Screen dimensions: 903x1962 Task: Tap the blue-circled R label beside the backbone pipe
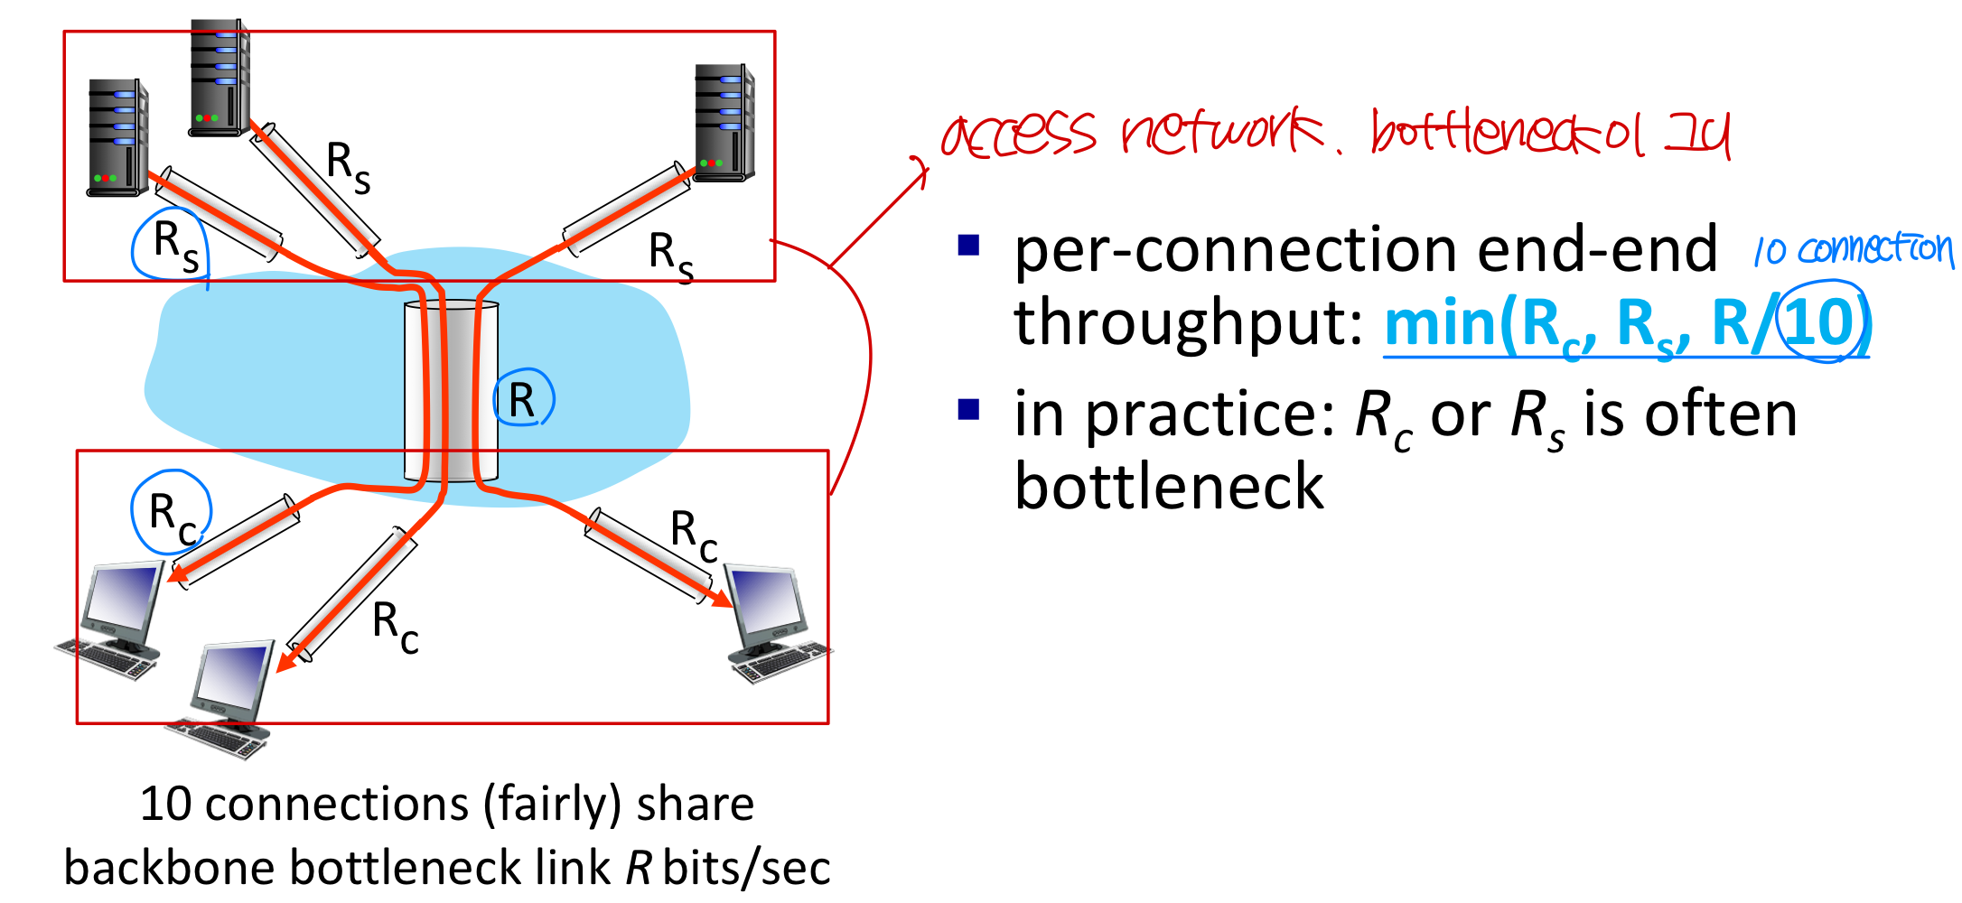coord(522,400)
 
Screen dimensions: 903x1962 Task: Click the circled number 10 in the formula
coord(1822,321)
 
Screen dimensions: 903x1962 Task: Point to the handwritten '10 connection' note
coord(1853,249)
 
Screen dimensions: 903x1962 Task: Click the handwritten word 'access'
coord(1019,135)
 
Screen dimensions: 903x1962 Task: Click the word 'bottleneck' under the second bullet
coord(1169,487)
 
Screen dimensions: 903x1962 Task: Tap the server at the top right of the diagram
coord(724,122)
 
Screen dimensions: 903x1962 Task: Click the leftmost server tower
coord(117,137)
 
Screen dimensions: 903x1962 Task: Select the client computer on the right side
coord(775,623)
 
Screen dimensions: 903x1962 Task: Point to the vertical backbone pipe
coord(451,391)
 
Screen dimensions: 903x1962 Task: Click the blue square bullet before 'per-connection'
coord(968,246)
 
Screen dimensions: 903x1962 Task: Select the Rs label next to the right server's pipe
coord(671,256)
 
